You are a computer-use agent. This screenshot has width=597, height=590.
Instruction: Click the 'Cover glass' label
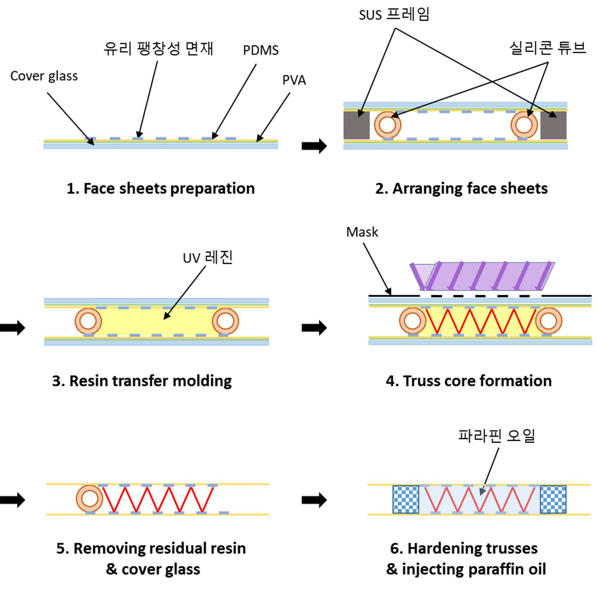(44, 76)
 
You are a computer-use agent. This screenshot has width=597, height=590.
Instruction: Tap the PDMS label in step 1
(261, 50)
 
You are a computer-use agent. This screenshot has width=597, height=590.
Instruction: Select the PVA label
(294, 80)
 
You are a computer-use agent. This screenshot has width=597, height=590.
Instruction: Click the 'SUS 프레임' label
(394, 14)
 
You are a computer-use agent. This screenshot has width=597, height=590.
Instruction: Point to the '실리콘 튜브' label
(548, 48)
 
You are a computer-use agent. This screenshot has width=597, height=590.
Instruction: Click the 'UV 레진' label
(208, 257)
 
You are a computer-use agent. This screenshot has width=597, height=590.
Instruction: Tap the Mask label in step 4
(362, 232)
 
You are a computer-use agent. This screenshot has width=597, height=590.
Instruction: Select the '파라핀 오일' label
(497, 436)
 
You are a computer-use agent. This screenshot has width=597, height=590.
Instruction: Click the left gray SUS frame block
(356, 125)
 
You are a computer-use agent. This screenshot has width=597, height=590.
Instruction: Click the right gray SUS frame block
(553, 125)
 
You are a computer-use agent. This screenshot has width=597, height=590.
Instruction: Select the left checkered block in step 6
(406, 499)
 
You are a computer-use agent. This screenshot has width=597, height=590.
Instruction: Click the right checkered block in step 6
(553, 499)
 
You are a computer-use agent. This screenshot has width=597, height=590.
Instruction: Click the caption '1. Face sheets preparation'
(161, 188)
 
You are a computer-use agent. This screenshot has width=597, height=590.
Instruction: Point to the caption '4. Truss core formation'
(469, 381)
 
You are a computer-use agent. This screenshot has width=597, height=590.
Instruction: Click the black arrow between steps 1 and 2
(314, 146)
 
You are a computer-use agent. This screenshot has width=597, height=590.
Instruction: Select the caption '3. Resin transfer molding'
(142, 381)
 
